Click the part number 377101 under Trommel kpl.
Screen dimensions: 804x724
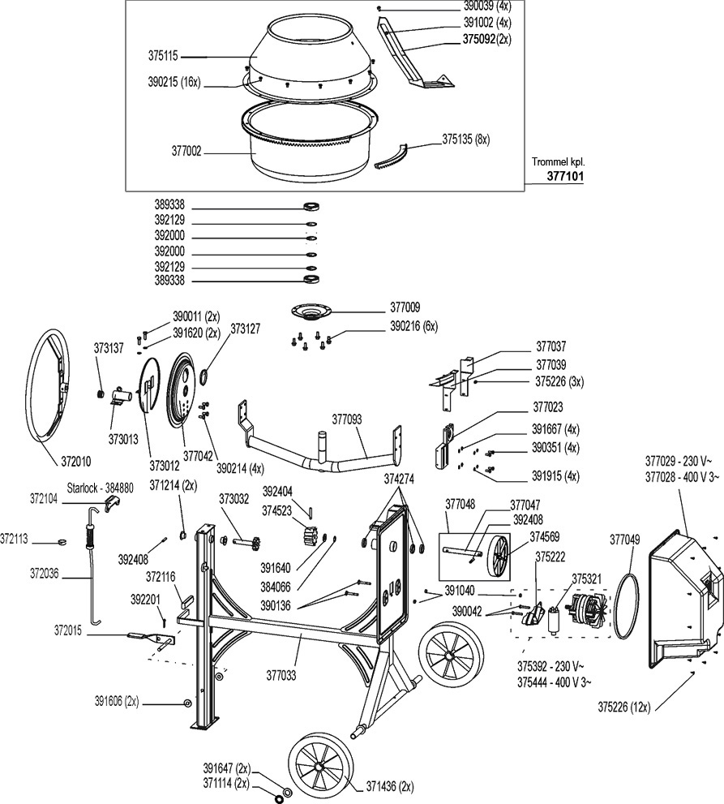[x=565, y=174]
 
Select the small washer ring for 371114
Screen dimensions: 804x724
[x=279, y=798]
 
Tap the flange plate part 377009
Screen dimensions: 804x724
[x=314, y=312]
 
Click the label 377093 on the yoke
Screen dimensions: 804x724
[x=348, y=419]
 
